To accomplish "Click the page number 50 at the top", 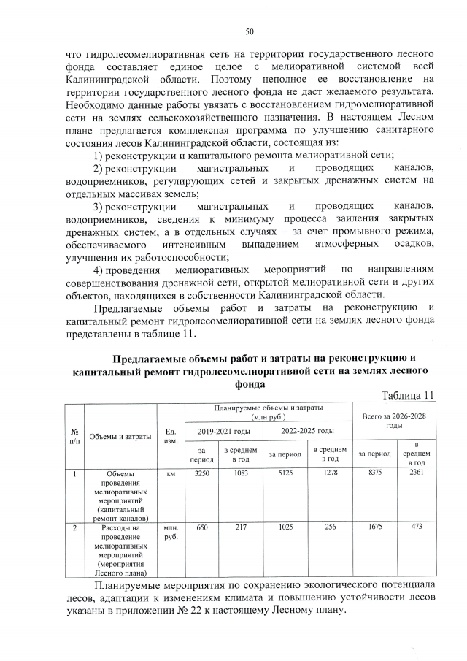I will [x=249, y=31].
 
